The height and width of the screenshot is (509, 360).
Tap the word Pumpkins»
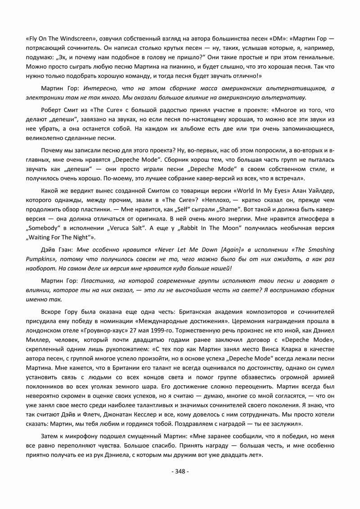pyautogui.click(x=41, y=260)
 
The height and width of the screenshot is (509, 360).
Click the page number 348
pyautogui.click(x=180, y=471)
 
